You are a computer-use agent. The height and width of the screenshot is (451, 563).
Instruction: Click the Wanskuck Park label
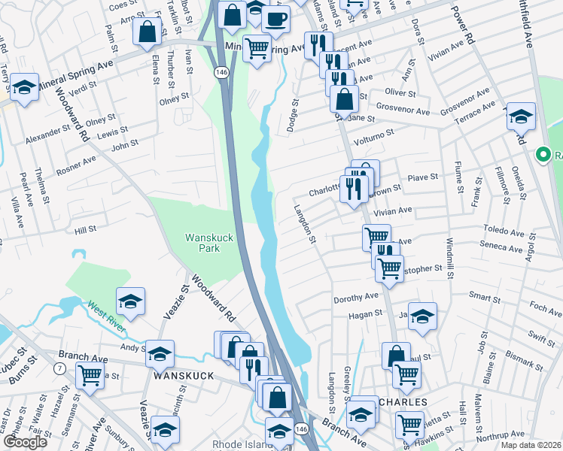click(x=202, y=243)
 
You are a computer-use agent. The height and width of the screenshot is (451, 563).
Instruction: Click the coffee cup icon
click(x=276, y=19)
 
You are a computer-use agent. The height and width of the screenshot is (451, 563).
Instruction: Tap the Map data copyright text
click(x=531, y=445)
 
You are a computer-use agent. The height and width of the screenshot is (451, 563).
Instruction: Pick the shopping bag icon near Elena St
click(x=147, y=32)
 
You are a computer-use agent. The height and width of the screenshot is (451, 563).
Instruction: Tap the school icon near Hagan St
click(x=422, y=316)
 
